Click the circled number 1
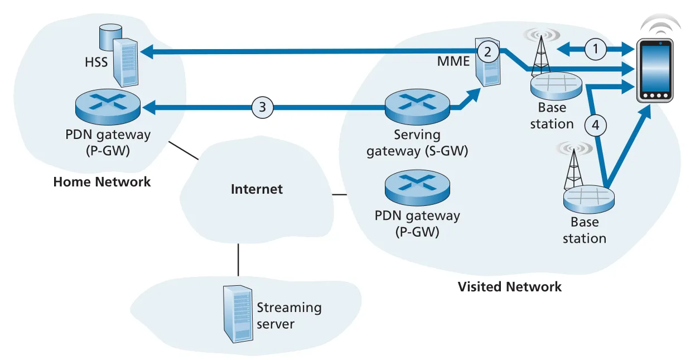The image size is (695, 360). [x=595, y=49]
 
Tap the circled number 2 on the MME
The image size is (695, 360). [x=488, y=52]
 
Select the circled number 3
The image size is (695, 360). [x=263, y=107]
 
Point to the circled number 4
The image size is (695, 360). [x=595, y=126]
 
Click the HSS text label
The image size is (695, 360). [x=96, y=63]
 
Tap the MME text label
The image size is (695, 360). [x=453, y=61]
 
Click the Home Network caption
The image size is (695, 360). [x=102, y=182]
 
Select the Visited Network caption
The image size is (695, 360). [x=509, y=287]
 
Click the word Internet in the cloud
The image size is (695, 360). [x=257, y=189]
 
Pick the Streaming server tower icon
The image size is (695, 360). [x=238, y=314]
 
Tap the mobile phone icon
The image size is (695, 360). [x=655, y=70]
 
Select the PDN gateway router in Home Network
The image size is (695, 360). [x=108, y=107]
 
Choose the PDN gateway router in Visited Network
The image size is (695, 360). [x=417, y=188]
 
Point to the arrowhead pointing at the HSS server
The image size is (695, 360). [x=147, y=51]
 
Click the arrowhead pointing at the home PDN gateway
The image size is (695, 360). [x=149, y=107]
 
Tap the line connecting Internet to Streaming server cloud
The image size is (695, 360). [x=238, y=260]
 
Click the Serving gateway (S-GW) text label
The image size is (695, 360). [x=417, y=143]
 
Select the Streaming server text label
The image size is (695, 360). [x=289, y=315]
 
